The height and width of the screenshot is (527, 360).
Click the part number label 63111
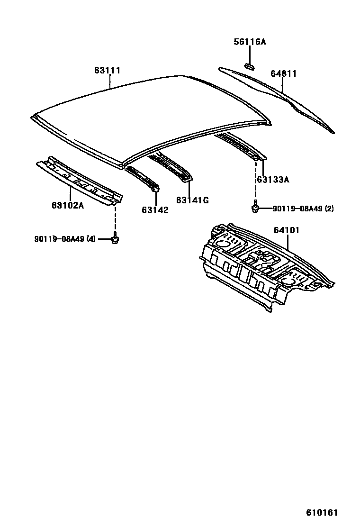click(x=107, y=71)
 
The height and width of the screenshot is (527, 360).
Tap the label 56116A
click(x=250, y=42)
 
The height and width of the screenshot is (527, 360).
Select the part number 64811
click(x=283, y=74)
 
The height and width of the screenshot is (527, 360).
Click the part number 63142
click(x=154, y=210)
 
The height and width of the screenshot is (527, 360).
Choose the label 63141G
click(x=192, y=200)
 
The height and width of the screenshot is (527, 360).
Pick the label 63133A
click(x=273, y=180)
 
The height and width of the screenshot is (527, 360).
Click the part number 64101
click(x=286, y=230)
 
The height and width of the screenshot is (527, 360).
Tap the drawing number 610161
click(x=321, y=512)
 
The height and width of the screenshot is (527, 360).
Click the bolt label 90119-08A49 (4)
click(x=65, y=239)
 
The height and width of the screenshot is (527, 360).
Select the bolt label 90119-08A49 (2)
click(x=303, y=209)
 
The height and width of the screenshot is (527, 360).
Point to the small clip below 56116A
click(x=249, y=65)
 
